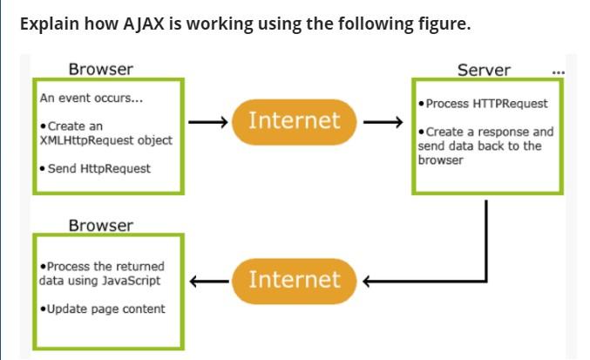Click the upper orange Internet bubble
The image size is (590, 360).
[294, 120]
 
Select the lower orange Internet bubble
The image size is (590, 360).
[294, 280]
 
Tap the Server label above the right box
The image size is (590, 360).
[484, 70]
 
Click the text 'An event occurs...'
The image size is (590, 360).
[92, 98]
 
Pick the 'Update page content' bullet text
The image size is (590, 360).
[105, 309]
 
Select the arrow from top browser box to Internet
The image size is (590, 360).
[207, 122]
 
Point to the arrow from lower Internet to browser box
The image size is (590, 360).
[209, 281]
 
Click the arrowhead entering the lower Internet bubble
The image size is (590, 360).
[366, 281]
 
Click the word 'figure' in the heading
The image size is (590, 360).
[442, 24]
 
